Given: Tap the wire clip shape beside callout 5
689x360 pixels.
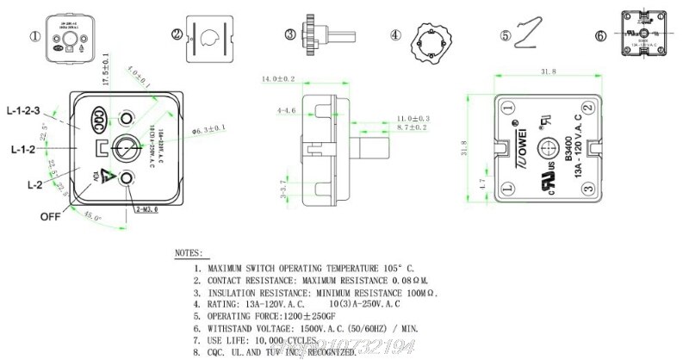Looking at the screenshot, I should point(532,36).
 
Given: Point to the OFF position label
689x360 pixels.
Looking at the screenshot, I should point(50,216).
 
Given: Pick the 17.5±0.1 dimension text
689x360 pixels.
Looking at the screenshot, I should point(105,68).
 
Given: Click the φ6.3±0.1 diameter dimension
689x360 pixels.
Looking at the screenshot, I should point(208,128).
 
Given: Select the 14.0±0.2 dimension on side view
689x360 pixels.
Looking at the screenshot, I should point(278,79).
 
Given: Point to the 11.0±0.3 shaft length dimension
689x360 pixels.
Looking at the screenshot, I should point(413,117).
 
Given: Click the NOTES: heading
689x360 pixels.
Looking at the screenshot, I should point(189,254).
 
